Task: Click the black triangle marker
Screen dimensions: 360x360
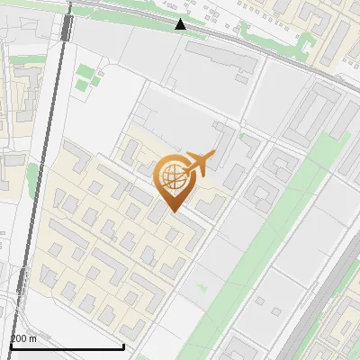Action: pos(181,24)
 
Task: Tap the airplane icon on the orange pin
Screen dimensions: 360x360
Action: pos(199,163)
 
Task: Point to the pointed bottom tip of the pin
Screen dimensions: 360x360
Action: pos(173,211)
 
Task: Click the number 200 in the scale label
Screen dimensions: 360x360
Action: pos(19,338)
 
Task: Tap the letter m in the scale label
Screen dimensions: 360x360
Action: pos(33,338)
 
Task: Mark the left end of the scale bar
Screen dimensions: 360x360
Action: pos(9,346)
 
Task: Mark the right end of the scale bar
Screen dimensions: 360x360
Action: pos(122,346)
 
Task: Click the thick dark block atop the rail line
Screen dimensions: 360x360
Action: pos(67,26)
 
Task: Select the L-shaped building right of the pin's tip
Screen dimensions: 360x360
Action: pos(211,205)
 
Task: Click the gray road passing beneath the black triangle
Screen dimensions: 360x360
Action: pos(216,36)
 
